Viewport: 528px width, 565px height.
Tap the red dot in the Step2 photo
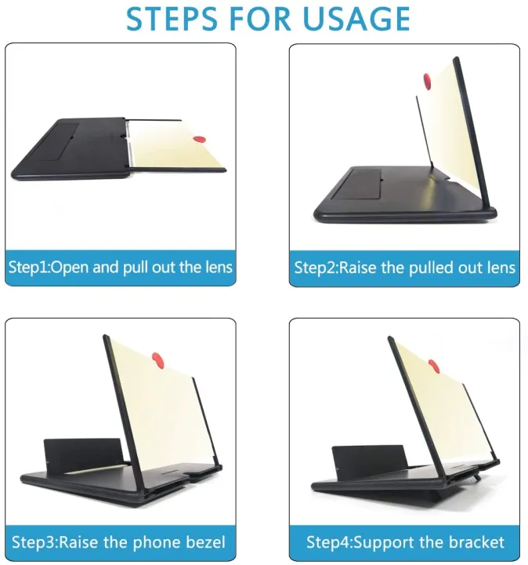coord(428,80)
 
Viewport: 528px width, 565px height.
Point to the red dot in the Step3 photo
coord(157,361)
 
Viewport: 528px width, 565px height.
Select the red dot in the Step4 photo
coord(433,365)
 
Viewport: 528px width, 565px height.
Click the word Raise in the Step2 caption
coord(360,267)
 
